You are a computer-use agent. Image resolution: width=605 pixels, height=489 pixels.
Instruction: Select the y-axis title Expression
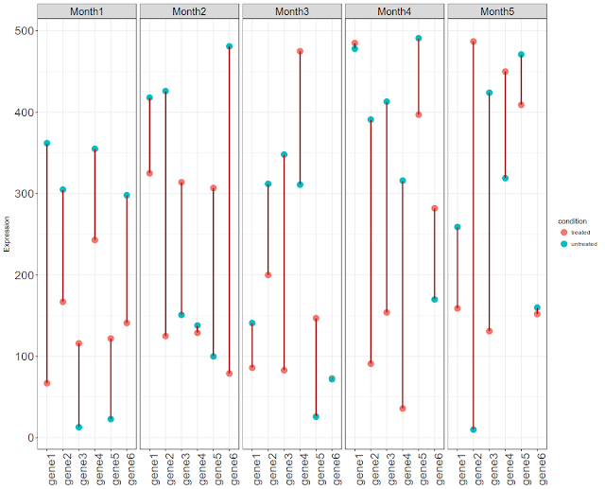point(7,235)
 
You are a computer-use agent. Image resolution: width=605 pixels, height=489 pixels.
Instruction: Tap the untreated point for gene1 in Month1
point(47,143)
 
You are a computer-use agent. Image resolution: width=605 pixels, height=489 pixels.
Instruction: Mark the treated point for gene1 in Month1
point(47,383)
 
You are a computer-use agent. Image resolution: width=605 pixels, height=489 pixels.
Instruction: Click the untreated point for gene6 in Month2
point(230,46)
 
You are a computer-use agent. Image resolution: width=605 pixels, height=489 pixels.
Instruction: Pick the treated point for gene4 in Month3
point(300,51)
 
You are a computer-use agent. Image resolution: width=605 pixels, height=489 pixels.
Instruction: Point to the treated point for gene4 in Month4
point(403,409)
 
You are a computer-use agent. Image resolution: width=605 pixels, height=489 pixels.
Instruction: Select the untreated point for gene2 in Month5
point(474,429)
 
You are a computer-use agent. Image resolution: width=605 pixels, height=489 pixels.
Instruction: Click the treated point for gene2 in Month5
point(474,42)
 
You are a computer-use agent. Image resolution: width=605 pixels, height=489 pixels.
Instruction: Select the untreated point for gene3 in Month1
point(79,428)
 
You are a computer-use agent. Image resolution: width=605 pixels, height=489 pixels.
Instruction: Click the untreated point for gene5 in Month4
point(419,39)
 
